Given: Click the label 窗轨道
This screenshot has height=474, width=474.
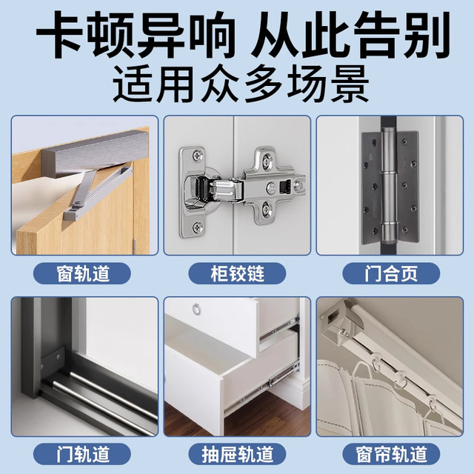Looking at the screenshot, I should click(84, 273).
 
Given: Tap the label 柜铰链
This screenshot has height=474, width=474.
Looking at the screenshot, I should click(237, 273).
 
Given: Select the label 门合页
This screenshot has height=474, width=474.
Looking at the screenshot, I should click(390, 273).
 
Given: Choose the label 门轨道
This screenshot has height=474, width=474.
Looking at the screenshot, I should click(84, 453).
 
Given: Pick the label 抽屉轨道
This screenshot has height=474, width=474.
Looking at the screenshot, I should click(237, 453).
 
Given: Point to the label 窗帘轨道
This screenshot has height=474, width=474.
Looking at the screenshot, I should click(390, 453).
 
